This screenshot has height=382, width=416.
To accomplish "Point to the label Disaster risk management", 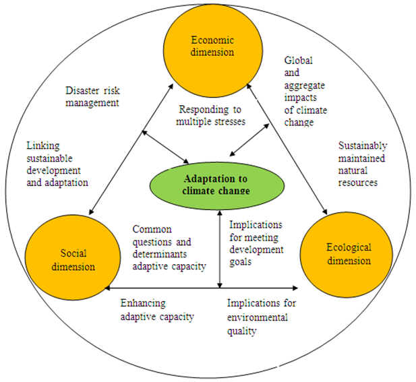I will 92,97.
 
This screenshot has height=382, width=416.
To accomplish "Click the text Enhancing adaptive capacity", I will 157,310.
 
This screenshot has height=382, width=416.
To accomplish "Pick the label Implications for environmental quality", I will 261,317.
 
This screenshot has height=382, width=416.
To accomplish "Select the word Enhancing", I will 142,303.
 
